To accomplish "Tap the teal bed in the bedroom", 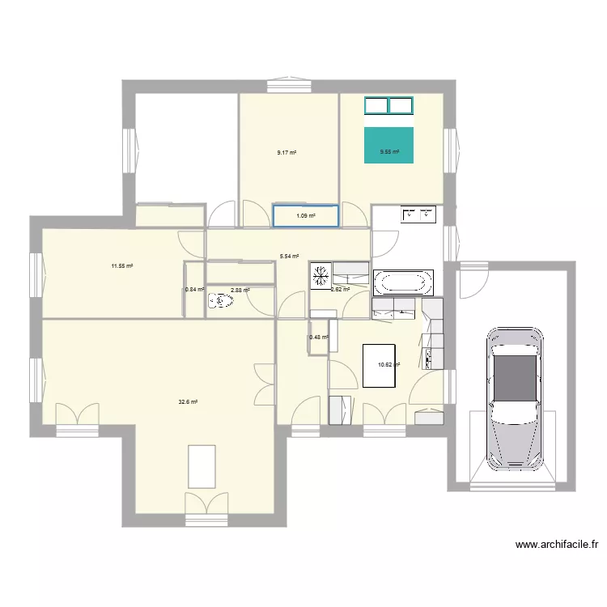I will tap(389, 145).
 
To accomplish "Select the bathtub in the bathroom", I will tap(403, 282).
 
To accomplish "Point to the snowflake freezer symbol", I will tap(320, 275).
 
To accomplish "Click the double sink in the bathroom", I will tap(418, 214).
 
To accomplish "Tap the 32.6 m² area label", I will tap(189, 401).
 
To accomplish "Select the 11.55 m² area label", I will tap(122, 265).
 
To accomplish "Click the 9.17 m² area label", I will tap(287, 152).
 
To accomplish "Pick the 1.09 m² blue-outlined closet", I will tap(305, 215).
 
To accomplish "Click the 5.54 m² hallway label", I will tap(290, 257).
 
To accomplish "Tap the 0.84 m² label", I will tap(193, 290).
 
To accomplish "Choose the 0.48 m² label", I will tap(319, 337).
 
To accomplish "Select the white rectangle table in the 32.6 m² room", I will tap(202, 466).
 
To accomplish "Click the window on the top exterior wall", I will tap(289, 83).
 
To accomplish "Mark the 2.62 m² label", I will tap(340, 289).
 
